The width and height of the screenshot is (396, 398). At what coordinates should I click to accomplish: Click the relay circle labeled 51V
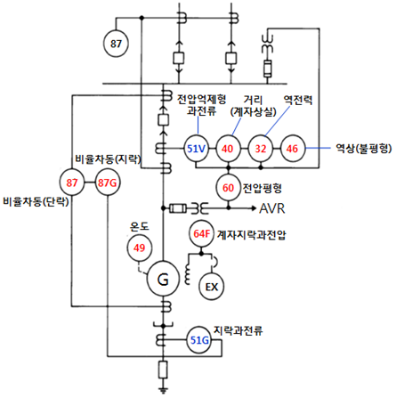(196, 149)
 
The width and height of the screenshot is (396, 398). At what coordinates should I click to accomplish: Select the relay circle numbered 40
(228, 149)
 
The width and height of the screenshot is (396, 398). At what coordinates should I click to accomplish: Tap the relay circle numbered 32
(261, 149)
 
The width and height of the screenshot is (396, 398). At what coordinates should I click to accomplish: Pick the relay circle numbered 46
(292, 149)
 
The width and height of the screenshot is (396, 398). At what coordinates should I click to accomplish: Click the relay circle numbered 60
(228, 188)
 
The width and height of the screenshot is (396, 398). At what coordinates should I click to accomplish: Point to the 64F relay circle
(201, 234)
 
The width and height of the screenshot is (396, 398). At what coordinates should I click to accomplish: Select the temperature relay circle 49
(140, 248)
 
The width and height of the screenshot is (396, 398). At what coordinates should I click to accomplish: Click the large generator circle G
(163, 279)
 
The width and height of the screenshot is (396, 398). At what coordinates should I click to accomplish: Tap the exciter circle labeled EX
(212, 287)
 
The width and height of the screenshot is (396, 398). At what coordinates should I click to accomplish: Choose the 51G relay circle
(199, 340)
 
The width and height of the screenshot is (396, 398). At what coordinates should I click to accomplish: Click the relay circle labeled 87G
(107, 183)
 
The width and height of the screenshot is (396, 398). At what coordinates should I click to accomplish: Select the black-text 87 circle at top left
(116, 44)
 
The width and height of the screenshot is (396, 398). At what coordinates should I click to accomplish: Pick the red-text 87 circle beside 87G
(72, 183)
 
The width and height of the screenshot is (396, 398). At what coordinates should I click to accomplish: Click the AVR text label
(272, 208)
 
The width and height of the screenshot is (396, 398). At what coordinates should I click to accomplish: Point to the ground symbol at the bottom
(163, 390)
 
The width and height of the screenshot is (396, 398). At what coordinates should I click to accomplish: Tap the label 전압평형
(263, 188)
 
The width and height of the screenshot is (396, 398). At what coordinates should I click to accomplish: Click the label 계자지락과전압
(252, 235)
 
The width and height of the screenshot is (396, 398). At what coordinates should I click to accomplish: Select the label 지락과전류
(238, 330)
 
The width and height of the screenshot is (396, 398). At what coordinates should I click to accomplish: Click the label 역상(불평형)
(363, 148)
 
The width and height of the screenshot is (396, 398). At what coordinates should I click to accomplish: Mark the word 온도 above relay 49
(139, 227)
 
